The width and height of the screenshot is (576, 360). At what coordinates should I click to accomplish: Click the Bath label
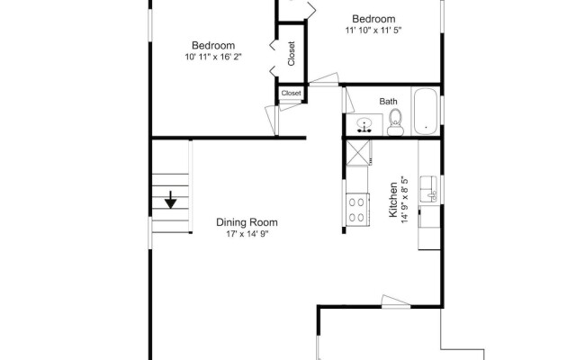pyautogui.click(x=388, y=102)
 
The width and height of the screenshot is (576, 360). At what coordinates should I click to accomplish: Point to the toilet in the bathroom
pyautogui.click(x=394, y=127)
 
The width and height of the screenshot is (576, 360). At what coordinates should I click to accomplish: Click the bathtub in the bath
pyautogui.click(x=425, y=112)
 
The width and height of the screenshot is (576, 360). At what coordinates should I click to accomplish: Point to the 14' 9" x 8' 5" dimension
pyautogui.click(x=406, y=201)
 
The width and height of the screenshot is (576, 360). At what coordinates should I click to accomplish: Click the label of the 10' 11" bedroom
pyautogui.click(x=213, y=46)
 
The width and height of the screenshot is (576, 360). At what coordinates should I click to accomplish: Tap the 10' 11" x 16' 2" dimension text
pyautogui.click(x=213, y=58)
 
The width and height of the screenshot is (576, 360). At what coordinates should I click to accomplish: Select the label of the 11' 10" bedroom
pyautogui.click(x=373, y=19)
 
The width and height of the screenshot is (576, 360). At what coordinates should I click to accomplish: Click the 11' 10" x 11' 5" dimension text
pyautogui.click(x=373, y=31)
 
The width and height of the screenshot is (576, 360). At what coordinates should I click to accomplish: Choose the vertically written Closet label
pyautogui.click(x=292, y=56)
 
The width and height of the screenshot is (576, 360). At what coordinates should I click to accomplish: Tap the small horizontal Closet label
pyautogui.click(x=292, y=93)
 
